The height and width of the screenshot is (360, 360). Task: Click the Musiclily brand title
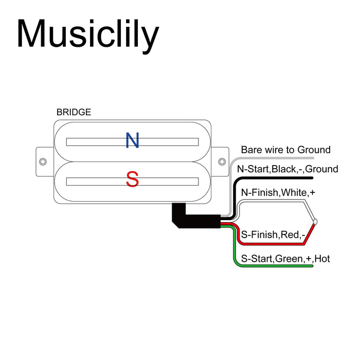click(88, 34)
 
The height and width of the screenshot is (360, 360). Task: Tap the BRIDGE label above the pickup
click(74, 112)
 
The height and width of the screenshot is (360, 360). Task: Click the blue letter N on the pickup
click(133, 140)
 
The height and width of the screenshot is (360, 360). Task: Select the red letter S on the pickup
click(133, 180)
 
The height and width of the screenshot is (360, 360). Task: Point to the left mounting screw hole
click(43, 161)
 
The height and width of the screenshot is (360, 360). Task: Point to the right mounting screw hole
click(222, 161)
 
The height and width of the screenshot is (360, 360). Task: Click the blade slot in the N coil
click(132, 141)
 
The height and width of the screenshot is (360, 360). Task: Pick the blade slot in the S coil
click(132, 181)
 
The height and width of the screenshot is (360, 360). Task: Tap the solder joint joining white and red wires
click(315, 222)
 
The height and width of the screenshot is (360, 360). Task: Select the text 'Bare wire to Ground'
click(285, 150)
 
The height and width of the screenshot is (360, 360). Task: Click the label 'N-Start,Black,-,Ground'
click(287, 169)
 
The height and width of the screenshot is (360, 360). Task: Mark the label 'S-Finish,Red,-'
click(273, 236)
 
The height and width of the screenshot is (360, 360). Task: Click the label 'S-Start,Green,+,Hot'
click(285, 259)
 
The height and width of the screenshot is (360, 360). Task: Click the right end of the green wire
click(312, 267)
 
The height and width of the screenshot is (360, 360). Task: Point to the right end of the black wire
click(312, 178)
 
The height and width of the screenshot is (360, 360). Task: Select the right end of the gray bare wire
click(312, 159)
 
